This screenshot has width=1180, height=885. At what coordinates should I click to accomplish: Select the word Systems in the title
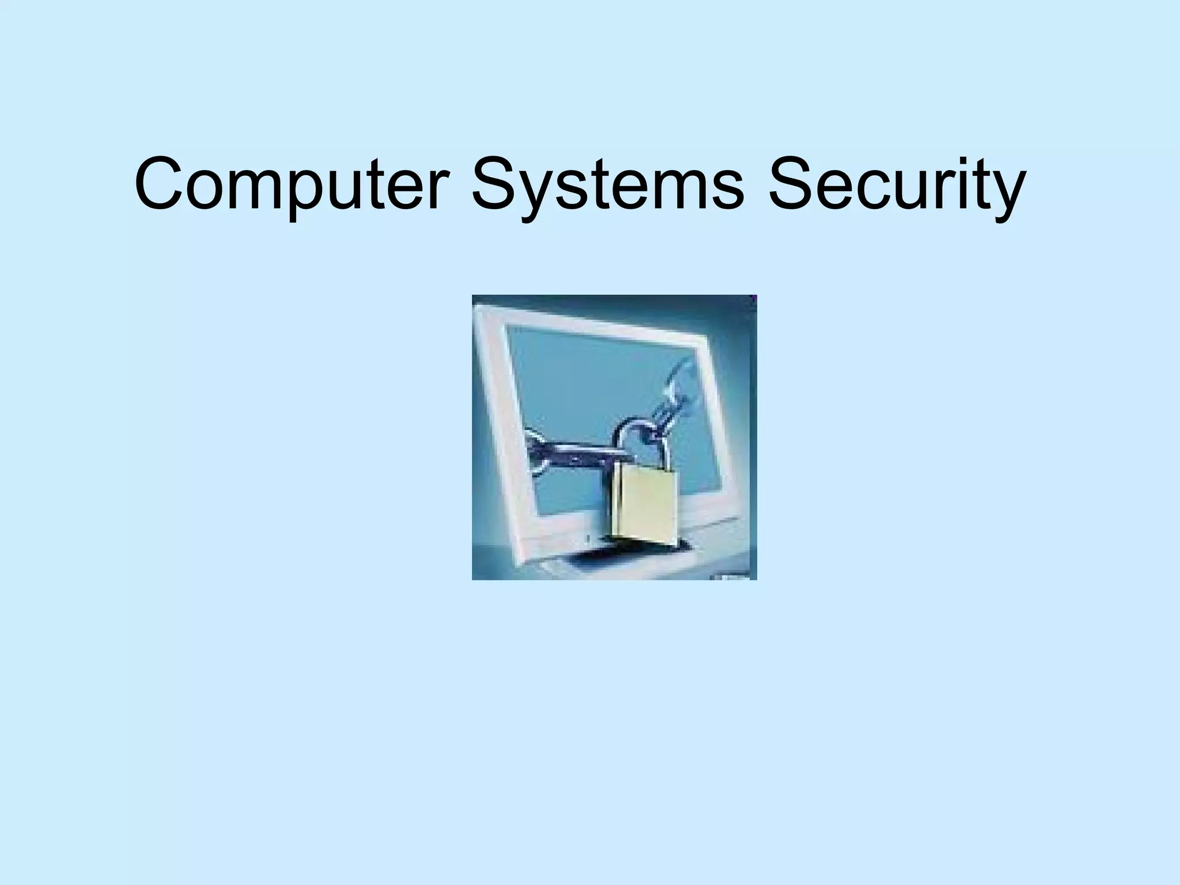608,183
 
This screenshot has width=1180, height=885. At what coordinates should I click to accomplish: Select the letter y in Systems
539,193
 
